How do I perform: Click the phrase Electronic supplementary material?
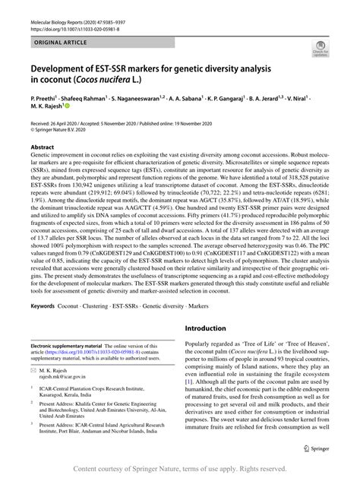click(73, 346)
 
